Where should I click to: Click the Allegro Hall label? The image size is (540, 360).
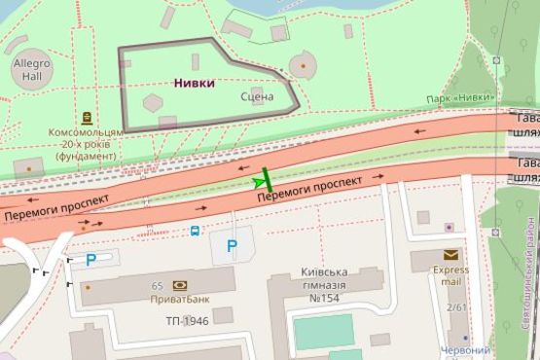click(x=29, y=68)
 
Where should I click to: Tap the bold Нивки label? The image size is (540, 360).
click(x=195, y=83)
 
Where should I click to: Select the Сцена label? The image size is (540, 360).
click(x=257, y=96)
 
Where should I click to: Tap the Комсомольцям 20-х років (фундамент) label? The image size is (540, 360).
click(x=87, y=143)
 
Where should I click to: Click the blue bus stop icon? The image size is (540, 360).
click(x=196, y=231)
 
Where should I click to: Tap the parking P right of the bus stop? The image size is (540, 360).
click(x=232, y=246)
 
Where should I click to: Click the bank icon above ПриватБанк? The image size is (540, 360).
click(x=180, y=285)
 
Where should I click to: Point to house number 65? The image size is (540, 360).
click(x=157, y=286)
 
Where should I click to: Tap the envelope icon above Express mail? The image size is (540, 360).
click(x=450, y=255)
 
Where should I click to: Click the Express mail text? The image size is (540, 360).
click(x=451, y=275)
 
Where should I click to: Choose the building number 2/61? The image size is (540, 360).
click(x=456, y=307)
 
